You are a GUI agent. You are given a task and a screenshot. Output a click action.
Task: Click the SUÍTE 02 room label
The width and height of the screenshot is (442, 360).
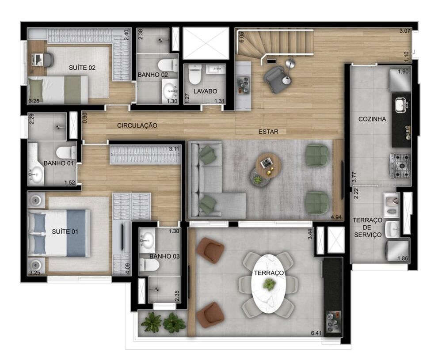[82, 68]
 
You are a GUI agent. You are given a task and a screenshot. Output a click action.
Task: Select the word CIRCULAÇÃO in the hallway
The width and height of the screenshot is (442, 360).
[137, 125]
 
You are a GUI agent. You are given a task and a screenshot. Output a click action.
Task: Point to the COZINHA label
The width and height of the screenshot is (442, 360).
[372, 119]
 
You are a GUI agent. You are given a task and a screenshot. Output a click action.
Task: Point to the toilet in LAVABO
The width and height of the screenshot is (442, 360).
[194, 76]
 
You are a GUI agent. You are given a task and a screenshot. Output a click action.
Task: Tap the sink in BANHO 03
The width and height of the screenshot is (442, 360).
[146, 242]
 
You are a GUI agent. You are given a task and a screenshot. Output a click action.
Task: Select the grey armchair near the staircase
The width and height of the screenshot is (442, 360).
[275, 80]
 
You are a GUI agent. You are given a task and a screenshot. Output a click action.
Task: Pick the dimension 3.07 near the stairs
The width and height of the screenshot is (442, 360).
[405, 31]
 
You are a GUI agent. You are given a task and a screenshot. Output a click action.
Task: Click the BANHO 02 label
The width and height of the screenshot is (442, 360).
[152, 75]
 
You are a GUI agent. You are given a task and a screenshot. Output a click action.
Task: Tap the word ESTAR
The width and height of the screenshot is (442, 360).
[268, 132]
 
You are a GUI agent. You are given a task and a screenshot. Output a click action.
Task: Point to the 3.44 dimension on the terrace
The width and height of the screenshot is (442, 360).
[311, 235]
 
